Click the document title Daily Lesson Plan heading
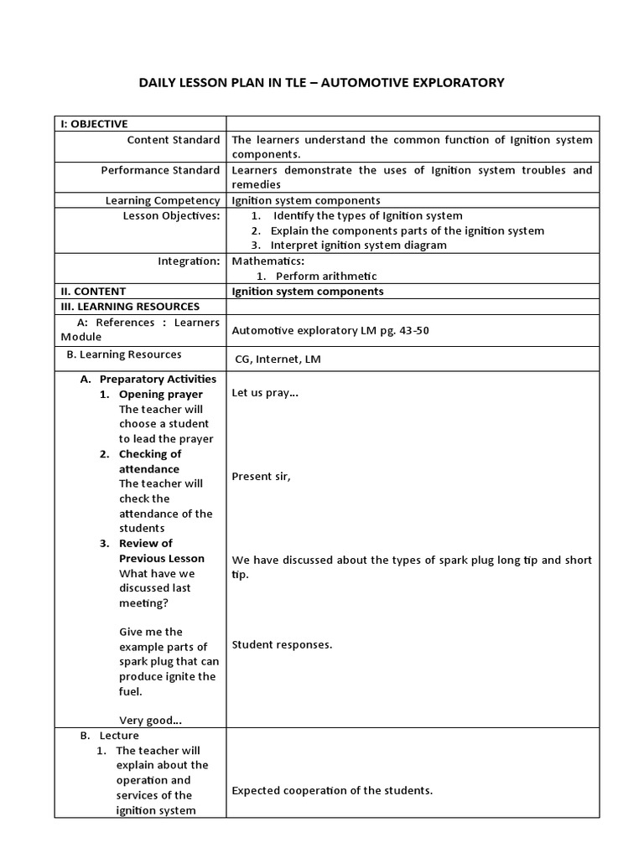[321, 82]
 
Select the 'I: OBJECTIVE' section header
[94, 124]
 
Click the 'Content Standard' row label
[174, 140]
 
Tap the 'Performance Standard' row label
[160, 170]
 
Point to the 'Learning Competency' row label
[163, 200]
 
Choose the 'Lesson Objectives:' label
[171, 215]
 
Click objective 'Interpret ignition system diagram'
[358, 246]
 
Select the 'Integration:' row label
[189, 261]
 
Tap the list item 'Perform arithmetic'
[326, 276]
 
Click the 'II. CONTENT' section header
[92, 292]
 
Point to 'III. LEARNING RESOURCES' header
[130, 307]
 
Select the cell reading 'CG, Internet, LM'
[278, 359]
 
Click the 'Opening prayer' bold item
[160, 394]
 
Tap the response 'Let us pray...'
[265, 392]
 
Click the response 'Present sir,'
[261, 476]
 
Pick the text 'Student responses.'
[282, 644]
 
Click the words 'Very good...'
[151, 719]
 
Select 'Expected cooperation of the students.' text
[332, 790]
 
